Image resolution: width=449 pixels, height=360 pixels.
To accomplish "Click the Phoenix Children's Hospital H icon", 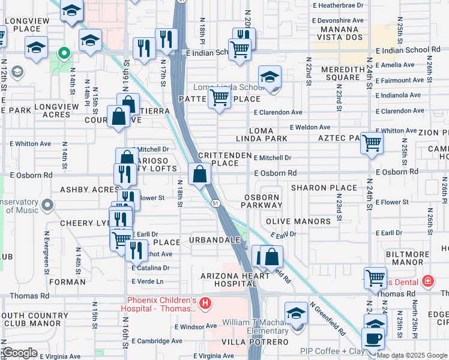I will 205,304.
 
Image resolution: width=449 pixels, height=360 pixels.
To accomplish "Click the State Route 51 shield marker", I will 214,204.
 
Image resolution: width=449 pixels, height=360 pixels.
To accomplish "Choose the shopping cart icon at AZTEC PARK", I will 372,143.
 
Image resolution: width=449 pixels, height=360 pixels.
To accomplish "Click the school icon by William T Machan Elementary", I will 297,314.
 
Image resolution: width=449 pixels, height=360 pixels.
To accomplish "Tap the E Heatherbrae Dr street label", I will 340,5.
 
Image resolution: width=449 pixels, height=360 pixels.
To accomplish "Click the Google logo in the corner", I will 19,353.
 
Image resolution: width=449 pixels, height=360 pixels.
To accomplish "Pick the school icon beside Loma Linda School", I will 270,78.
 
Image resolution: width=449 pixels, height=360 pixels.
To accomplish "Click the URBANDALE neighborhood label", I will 215,240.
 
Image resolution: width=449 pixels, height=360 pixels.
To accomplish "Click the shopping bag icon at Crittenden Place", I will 200,175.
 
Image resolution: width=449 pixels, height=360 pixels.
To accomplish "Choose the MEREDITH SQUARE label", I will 340,73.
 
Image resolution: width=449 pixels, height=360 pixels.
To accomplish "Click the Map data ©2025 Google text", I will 411,355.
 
